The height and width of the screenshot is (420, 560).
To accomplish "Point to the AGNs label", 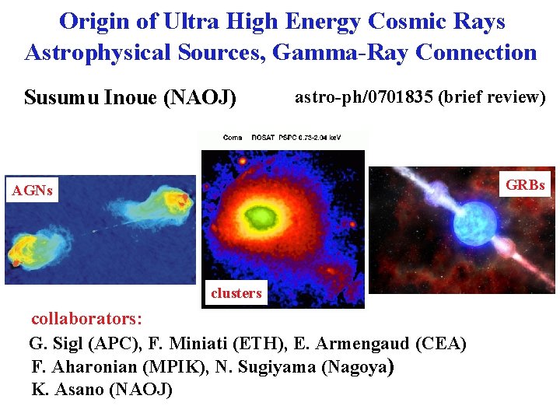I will coord(32,191).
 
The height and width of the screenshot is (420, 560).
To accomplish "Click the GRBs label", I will coord(526,186).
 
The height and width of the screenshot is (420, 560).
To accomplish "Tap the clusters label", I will coord(236,293).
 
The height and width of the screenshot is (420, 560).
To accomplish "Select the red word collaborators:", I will coord(86,319).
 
